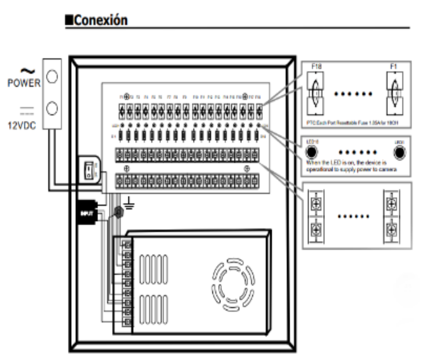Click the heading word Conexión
100,20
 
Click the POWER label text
24,84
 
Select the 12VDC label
22,124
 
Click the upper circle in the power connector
51,76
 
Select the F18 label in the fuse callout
317,67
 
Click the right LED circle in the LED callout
399,152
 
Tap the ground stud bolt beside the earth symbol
118,213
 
